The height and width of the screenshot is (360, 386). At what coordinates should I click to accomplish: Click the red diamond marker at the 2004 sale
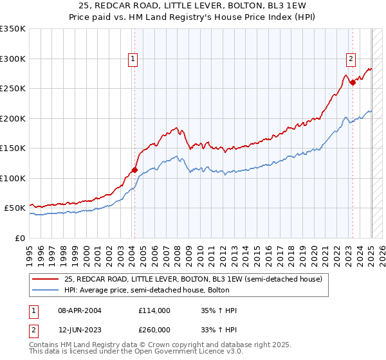click(134, 170)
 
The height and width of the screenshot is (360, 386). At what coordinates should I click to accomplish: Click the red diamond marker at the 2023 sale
click(353, 82)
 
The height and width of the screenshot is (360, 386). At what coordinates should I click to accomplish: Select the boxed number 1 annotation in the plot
click(133, 59)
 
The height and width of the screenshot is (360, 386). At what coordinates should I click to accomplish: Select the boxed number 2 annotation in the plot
click(351, 59)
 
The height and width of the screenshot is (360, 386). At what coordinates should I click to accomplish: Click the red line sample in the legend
click(46, 278)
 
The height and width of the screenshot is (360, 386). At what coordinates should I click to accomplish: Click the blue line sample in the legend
click(46, 290)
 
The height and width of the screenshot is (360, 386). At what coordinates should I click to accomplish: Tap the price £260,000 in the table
click(154, 329)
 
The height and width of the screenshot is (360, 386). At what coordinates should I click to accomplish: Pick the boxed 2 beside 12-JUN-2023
click(33, 329)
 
